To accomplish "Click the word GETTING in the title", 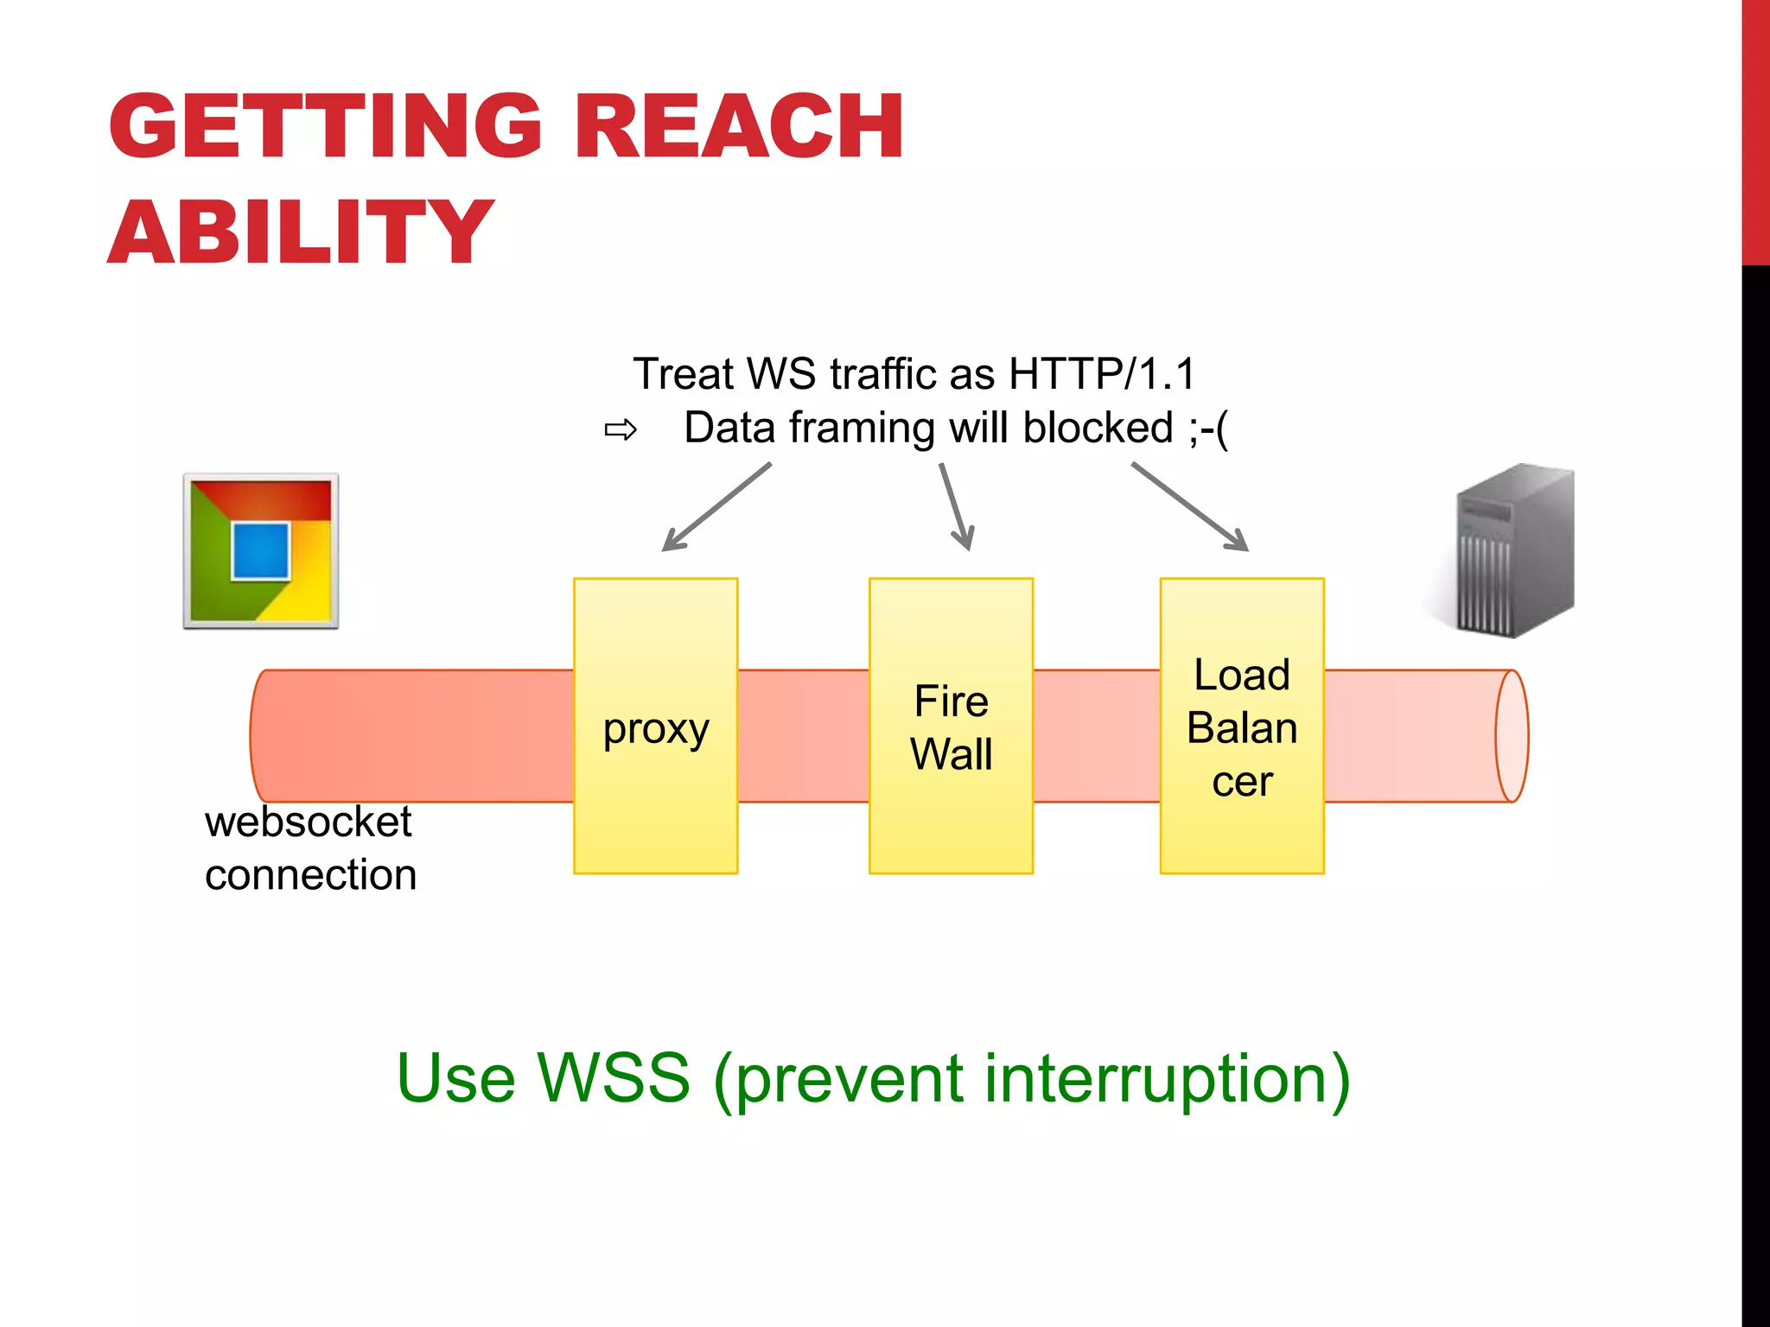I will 324,127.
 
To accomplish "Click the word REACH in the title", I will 739,127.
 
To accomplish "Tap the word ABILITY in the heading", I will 300,232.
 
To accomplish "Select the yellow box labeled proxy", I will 655,726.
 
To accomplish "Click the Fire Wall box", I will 951,726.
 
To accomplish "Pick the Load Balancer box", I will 1242,726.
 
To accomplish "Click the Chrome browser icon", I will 261,551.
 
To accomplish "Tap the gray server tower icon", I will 1514,551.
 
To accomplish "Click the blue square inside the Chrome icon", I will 260,550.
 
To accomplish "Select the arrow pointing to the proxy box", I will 716,507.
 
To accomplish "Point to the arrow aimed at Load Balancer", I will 1190,507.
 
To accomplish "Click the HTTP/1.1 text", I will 1102,374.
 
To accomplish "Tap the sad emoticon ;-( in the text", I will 1207,429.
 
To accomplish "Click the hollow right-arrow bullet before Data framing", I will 621,429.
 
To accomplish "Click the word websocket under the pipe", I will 308,822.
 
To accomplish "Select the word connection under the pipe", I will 310,875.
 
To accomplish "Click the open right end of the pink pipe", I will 1512,736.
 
